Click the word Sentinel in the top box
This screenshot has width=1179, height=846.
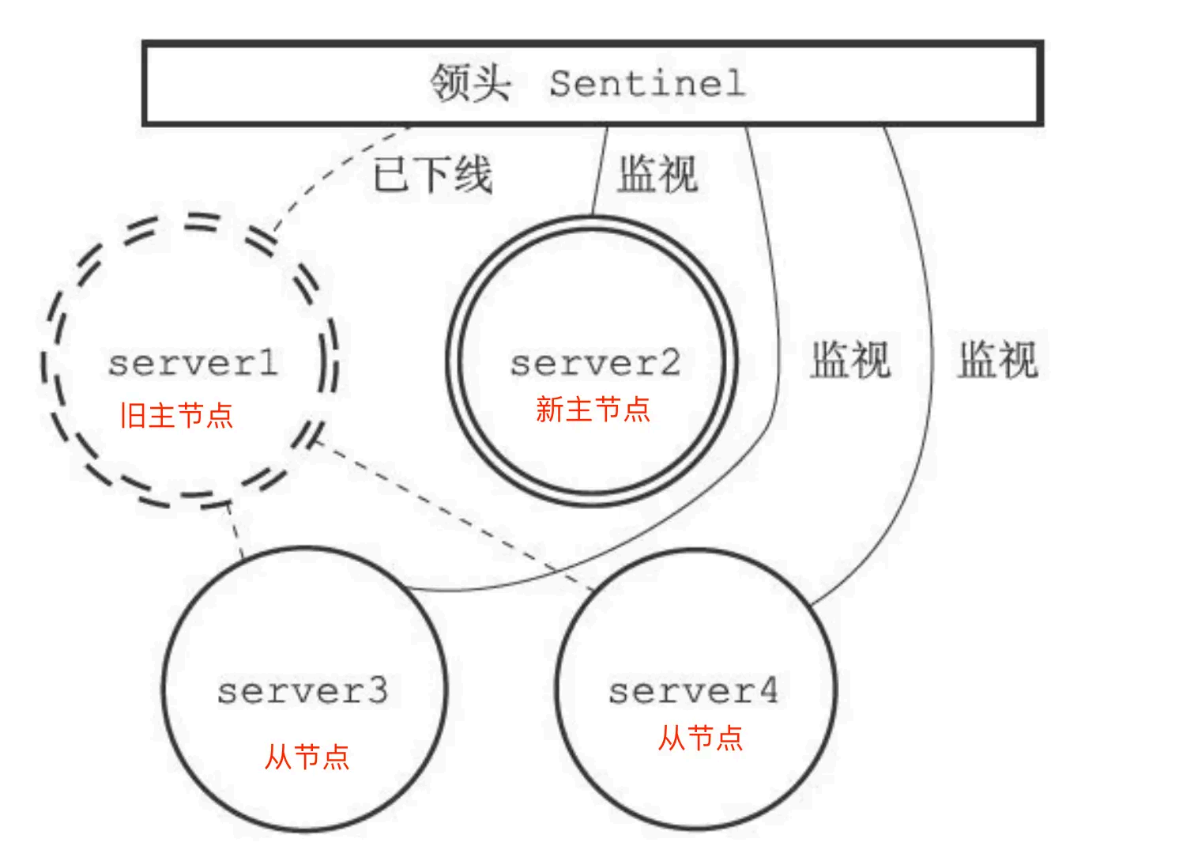(x=646, y=83)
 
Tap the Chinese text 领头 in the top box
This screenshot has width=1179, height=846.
(x=470, y=83)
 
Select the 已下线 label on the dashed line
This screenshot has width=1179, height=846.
(x=432, y=175)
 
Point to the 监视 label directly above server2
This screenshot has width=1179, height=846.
(x=657, y=175)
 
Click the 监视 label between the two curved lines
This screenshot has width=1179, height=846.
(x=850, y=360)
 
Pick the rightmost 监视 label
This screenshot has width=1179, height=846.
(x=997, y=360)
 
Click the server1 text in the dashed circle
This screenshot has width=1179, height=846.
(x=194, y=364)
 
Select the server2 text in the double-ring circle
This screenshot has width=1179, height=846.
(x=594, y=364)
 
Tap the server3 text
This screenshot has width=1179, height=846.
(x=303, y=691)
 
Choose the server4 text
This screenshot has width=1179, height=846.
(x=693, y=691)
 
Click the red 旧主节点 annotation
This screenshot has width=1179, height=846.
(x=176, y=415)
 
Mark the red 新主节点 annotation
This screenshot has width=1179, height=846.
(x=593, y=410)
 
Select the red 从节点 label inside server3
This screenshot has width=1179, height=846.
(x=307, y=757)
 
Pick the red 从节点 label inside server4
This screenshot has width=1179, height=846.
(x=701, y=738)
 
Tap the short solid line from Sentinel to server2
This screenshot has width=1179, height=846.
(x=600, y=170)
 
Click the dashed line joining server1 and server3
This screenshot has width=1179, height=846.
(x=235, y=529)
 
